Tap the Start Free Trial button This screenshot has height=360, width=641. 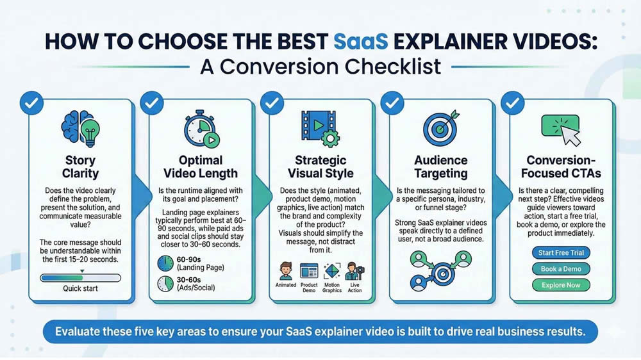click(561, 253)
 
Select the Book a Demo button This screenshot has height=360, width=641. click(561, 269)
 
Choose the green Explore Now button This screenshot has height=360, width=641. click(561, 285)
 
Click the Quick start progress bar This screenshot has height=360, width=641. click(80, 278)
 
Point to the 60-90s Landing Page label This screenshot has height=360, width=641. click(196, 263)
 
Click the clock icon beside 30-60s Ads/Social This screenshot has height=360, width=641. click(165, 284)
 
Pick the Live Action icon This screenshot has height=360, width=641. click(353, 271)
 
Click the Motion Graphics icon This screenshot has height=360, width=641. click(331, 271)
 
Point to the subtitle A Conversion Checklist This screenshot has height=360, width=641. click(320, 67)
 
